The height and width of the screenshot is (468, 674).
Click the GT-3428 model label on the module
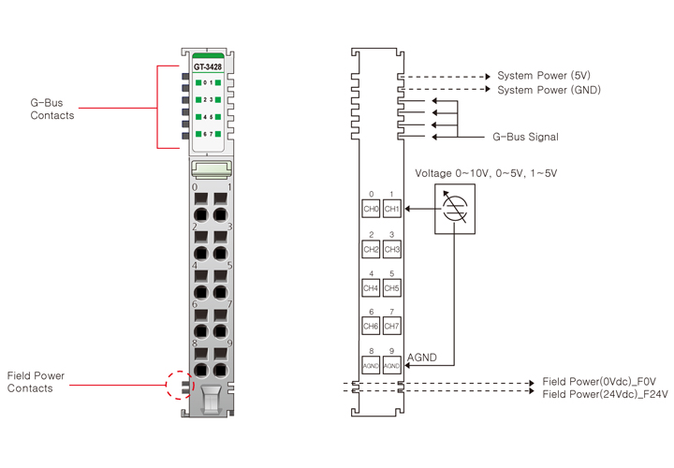click(208, 66)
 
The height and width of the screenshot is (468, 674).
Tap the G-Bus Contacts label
click(52, 109)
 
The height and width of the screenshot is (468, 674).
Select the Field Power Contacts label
click(36, 382)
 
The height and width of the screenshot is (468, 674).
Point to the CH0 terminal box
click(371, 209)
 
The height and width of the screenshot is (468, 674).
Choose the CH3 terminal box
click(391, 249)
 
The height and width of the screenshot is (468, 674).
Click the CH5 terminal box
click(391, 288)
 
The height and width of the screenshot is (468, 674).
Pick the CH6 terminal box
click(371, 326)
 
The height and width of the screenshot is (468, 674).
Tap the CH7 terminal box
click(391, 326)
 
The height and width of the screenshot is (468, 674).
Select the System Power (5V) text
click(544, 76)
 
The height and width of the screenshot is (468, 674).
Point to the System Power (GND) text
click(549, 90)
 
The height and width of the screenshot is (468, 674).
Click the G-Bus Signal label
click(525, 137)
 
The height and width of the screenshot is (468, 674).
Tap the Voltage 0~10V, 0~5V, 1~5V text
click(486, 173)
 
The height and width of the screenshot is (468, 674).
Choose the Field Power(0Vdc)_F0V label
click(599, 382)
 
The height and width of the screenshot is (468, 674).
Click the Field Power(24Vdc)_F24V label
click(606, 394)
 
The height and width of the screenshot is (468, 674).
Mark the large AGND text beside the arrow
click(421, 358)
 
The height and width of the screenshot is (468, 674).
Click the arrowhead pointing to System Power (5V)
click(488, 77)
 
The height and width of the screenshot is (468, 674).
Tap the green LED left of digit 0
click(198, 82)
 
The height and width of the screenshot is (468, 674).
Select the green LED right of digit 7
click(218, 134)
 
